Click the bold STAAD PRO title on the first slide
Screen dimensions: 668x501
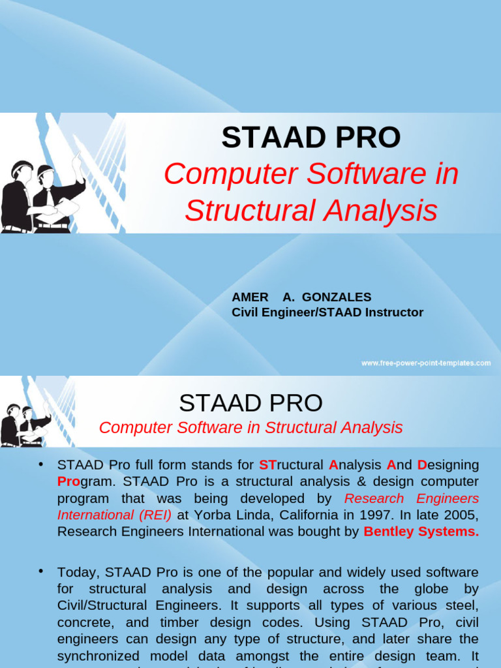pyautogui.click(x=311, y=138)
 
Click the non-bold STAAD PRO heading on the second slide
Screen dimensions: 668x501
pyautogui.click(x=250, y=403)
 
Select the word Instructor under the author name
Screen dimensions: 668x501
pyautogui.click(x=389, y=312)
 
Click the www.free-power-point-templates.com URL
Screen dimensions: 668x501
pyautogui.click(x=426, y=363)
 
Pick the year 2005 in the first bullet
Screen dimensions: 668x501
pyautogui.click(x=463, y=515)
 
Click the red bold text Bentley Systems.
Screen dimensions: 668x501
pyautogui.click(x=421, y=532)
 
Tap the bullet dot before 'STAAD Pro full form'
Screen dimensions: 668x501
pyautogui.click(x=41, y=464)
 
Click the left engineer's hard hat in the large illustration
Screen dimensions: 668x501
pyautogui.click(x=22, y=168)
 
